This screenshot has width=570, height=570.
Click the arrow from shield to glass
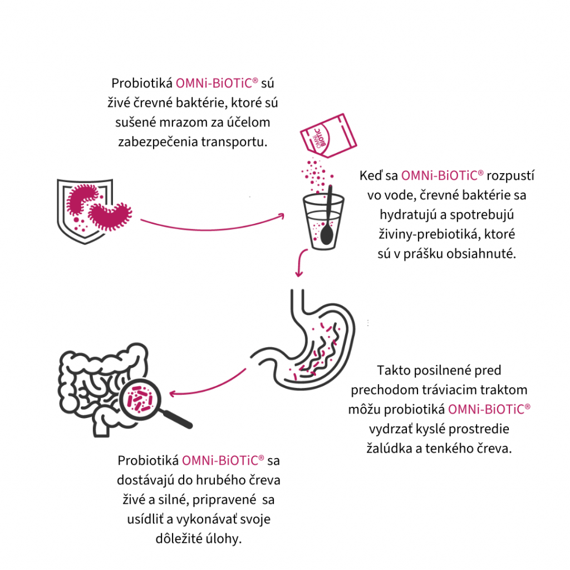(212, 225)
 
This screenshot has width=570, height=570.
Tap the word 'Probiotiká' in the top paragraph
(141, 83)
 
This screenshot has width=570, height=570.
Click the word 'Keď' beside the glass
(371, 176)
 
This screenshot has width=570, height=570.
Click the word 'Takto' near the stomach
(394, 370)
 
